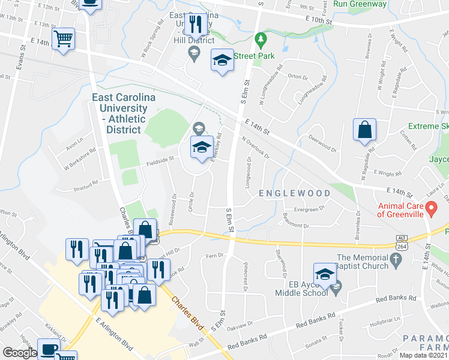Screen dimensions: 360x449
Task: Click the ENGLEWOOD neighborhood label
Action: [x=294, y=193]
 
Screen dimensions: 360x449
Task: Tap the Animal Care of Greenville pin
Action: [x=430, y=209]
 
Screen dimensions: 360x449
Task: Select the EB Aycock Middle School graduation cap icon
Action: [x=324, y=275]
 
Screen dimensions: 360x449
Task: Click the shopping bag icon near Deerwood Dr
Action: [x=364, y=130]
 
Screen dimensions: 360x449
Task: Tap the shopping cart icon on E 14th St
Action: [x=63, y=39]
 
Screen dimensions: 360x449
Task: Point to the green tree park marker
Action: [x=260, y=41]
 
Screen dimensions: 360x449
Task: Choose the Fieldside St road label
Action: [x=160, y=160]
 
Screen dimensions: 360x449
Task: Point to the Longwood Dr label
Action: [x=248, y=172]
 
